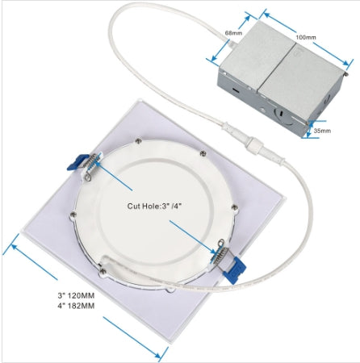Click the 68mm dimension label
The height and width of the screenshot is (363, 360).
click(233, 33)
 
